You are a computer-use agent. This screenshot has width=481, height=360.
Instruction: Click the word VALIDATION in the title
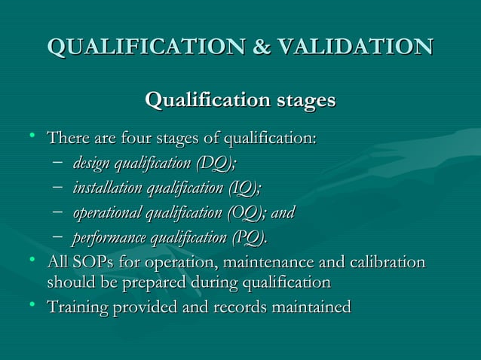[x=355, y=47]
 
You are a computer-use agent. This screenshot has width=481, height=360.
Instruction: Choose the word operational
[x=109, y=213]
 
